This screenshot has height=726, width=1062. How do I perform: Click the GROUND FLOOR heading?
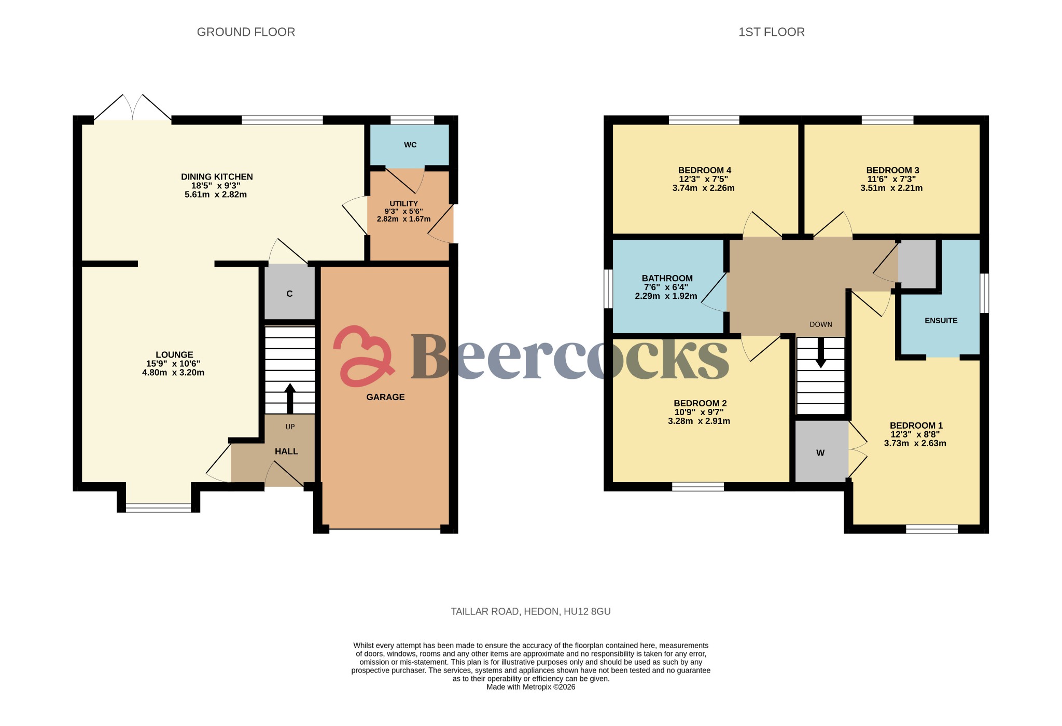(x=246, y=32)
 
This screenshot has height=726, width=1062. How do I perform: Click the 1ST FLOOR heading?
(x=771, y=32)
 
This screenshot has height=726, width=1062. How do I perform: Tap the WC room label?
(x=410, y=145)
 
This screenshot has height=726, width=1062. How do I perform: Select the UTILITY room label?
(x=403, y=203)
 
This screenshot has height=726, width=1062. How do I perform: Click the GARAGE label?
(x=385, y=397)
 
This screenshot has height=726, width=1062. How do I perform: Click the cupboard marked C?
(x=289, y=294)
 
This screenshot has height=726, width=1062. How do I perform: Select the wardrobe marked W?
(x=820, y=453)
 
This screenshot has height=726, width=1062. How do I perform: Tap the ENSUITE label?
(x=941, y=321)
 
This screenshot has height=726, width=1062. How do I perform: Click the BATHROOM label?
(x=667, y=278)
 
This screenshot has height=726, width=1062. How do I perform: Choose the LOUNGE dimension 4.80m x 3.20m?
(x=173, y=373)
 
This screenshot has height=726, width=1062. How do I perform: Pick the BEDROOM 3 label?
(x=892, y=170)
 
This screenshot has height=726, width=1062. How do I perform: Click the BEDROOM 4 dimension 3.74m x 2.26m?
(x=703, y=188)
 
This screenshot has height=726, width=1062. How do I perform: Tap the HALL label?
(x=286, y=451)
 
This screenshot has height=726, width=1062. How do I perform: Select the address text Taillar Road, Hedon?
(x=530, y=611)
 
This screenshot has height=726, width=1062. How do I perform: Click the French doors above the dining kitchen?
(x=133, y=108)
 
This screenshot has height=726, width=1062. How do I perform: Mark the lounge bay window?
(x=159, y=508)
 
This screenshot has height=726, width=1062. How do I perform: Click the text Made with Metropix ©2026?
(x=530, y=687)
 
